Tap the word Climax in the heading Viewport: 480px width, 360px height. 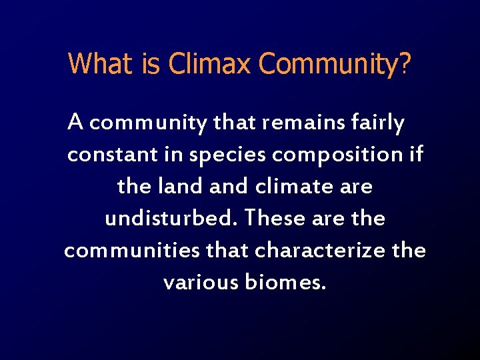(x=210, y=64)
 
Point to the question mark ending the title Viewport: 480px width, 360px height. (x=405, y=64)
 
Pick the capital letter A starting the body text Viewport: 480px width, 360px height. (x=76, y=123)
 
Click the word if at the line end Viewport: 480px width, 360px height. (x=417, y=155)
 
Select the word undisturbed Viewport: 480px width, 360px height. (x=172, y=219)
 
